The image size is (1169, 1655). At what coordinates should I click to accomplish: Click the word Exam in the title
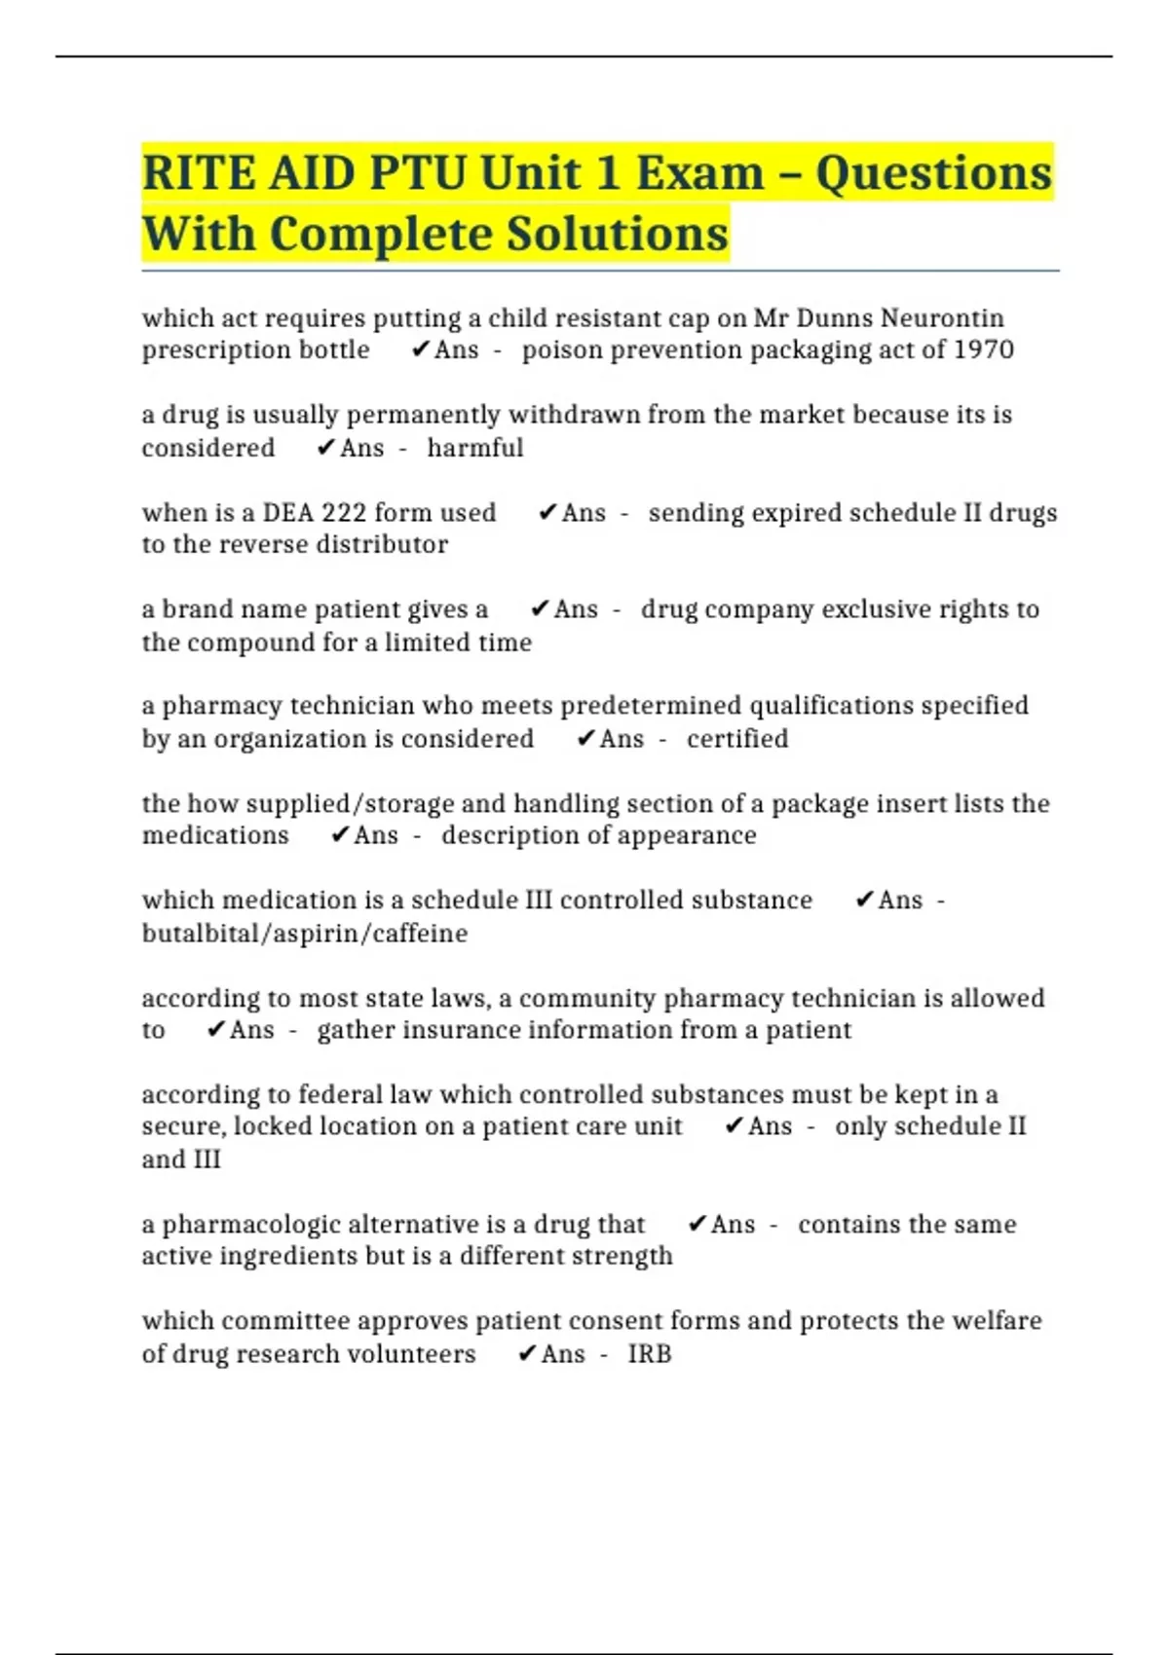(699, 173)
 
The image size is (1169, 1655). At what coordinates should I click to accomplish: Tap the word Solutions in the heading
(618, 234)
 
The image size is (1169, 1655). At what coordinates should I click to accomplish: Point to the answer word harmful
(474, 448)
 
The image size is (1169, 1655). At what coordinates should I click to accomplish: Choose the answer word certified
(736, 739)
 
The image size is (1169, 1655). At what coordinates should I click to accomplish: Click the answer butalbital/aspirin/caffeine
(305, 934)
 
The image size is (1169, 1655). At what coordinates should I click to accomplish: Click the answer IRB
(649, 1354)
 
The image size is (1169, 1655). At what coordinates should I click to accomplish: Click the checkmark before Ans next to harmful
(326, 448)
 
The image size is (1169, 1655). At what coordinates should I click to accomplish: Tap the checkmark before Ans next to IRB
(527, 1354)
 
